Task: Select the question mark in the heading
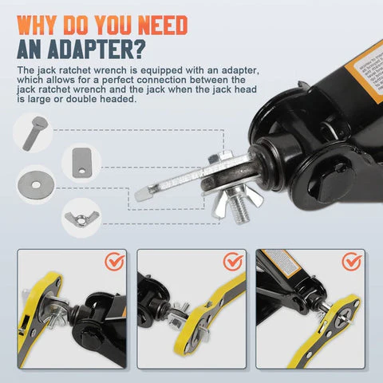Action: click(138, 49)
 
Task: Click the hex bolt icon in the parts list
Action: click(39, 132)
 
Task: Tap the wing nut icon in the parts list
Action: click(79, 212)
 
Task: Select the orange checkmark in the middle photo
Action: click(234, 263)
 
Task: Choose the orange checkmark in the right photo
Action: click(351, 263)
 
